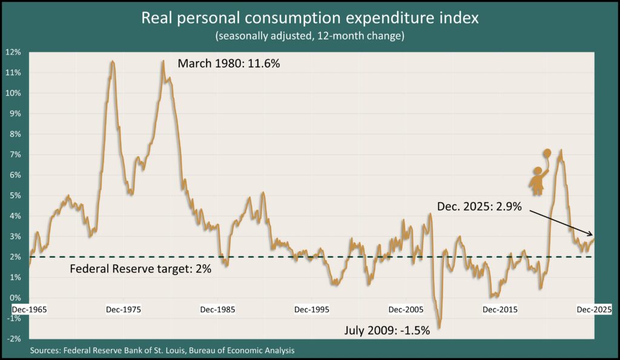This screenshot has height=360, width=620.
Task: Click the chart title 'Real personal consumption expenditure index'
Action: [309, 18]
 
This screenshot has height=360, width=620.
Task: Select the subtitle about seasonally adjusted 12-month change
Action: [309, 36]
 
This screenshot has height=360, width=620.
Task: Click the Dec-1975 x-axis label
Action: [124, 309]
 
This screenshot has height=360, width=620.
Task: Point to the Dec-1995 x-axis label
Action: [312, 309]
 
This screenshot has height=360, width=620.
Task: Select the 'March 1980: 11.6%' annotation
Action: [228, 64]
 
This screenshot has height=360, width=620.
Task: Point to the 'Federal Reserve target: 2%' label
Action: [141, 269]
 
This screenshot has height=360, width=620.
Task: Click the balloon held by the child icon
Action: [547, 152]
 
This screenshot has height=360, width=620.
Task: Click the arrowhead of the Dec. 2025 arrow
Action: [592, 234]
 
